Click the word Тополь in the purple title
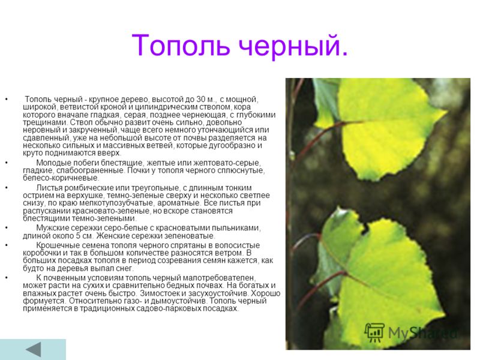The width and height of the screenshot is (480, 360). [181, 46]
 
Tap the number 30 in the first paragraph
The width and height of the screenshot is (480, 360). [201, 100]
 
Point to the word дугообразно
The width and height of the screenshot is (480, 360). [232, 145]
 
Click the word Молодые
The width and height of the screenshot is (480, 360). [53, 163]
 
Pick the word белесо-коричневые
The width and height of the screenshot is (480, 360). [61, 178]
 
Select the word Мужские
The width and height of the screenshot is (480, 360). [53, 228]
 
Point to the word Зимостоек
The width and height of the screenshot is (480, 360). [160, 293]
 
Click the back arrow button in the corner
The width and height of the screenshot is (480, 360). [34, 350]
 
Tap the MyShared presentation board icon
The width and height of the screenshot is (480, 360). [374, 332]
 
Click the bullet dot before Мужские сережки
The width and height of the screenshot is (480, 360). [7, 228]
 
